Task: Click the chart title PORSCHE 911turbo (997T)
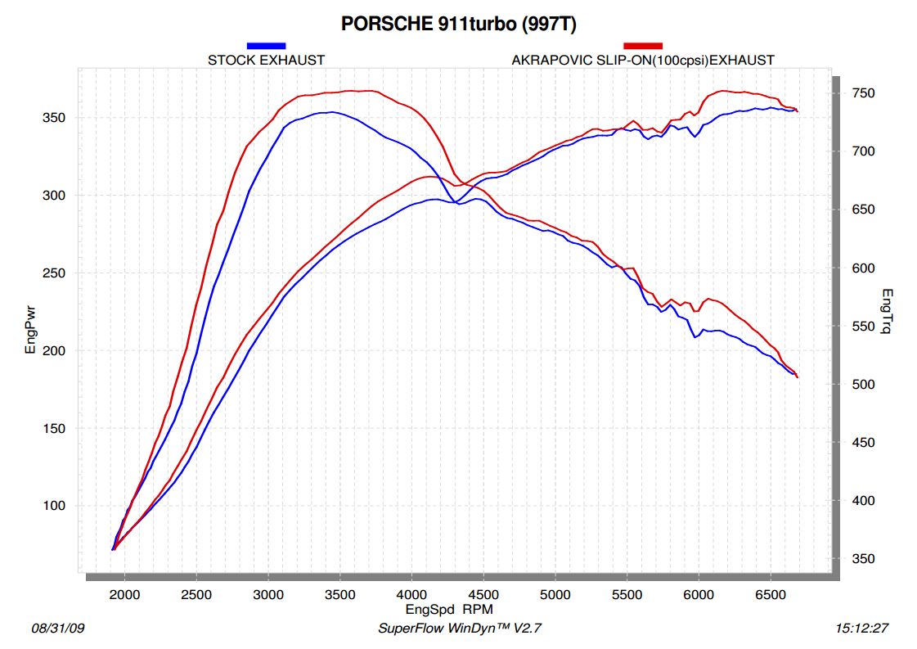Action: click(x=458, y=25)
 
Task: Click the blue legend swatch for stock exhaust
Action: click(x=266, y=46)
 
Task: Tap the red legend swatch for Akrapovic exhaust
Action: click(x=643, y=46)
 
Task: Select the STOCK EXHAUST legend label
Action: click(x=266, y=60)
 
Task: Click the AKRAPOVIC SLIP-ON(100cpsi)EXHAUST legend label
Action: click(x=643, y=60)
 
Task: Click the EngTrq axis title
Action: click(x=888, y=312)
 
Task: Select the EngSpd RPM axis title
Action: click(x=449, y=610)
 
